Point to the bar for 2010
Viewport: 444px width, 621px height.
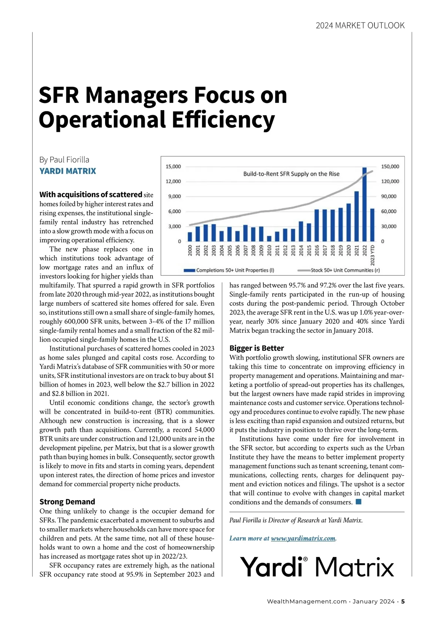(269, 238)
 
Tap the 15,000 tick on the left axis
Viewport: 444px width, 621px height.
(173, 167)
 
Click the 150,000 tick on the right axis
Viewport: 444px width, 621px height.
(390, 167)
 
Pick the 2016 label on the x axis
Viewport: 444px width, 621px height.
(317, 250)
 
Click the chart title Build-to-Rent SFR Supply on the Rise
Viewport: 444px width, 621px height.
(291, 174)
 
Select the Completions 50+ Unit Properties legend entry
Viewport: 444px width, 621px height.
(229, 270)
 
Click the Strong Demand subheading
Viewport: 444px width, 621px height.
(67, 502)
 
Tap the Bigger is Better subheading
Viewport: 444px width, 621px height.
(256, 348)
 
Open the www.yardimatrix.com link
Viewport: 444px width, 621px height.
(303, 538)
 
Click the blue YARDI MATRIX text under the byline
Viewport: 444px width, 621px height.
(68, 171)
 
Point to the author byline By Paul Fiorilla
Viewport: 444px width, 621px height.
(64, 160)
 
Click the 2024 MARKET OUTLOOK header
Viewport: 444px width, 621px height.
(360, 26)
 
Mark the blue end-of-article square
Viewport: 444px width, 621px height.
(358, 502)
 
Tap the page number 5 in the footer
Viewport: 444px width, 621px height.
(403, 601)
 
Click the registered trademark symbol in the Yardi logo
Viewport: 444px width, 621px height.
(305, 560)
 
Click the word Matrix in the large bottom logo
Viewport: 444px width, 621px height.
(354, 567)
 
